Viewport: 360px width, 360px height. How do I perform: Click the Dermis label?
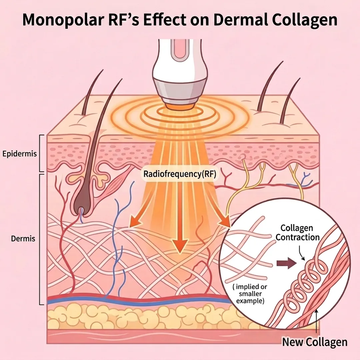click(x=23, y=239)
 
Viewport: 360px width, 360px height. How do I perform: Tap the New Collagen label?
click(x=315, y=342)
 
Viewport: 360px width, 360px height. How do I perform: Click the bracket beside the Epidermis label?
click(x=41, y=153)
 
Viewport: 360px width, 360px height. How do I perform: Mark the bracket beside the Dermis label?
click(x=41, y=239)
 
